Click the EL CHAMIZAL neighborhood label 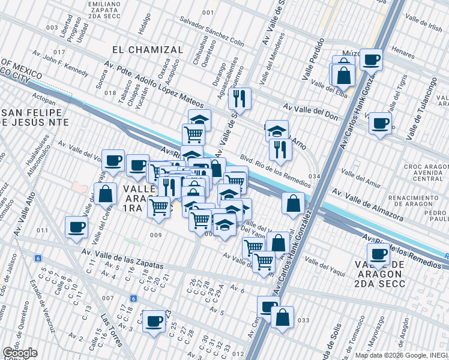coord(147,49)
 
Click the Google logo coord(19,353)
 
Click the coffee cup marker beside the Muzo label coord(371,59)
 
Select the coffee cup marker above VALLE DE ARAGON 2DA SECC coord(378,254)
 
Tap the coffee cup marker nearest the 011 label coord(76,227)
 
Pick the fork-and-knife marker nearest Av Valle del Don coord(240,98)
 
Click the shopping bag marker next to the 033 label coord(282,316)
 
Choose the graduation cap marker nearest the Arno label coord(277,130)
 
